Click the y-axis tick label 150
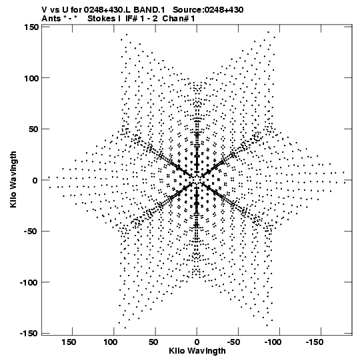(31, 27)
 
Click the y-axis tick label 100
(31, 78)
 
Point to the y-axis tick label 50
(34, 129)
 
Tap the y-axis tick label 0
(35, 180)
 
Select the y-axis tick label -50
(32, 232)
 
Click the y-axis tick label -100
(29, 282)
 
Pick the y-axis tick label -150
(29, 334)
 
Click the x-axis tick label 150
(69, 342)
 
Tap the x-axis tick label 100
(110, 342)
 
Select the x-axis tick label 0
(197, 342)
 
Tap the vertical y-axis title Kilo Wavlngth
(13, 179)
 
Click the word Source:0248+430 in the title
(208, 9)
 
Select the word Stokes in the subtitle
(101, 19)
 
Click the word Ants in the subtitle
(51, 19)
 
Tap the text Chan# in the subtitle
(175, 19)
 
